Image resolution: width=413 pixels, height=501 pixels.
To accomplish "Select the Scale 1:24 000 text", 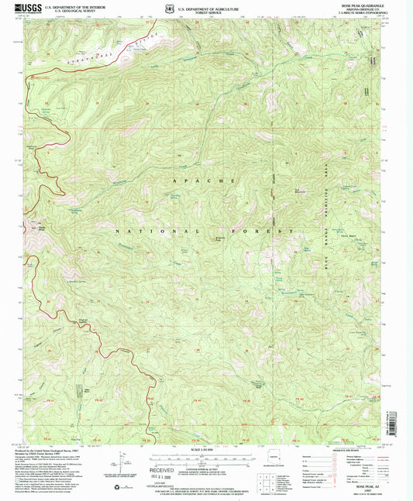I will click(x=206, y=451).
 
